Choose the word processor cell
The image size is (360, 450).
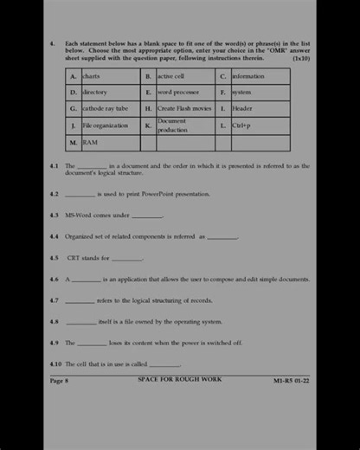(177, 92)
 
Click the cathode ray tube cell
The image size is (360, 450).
(105, 109)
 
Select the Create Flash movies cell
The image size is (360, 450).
(184, 109)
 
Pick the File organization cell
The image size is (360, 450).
(105, 125)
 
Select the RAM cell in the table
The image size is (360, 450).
(90, 142)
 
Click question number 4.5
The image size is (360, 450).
(55, 257)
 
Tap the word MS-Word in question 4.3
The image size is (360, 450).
(79, 215)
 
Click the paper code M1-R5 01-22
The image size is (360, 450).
(292, 380)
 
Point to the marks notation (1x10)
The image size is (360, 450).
(300, 58)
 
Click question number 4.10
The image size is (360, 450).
(56, 364)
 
